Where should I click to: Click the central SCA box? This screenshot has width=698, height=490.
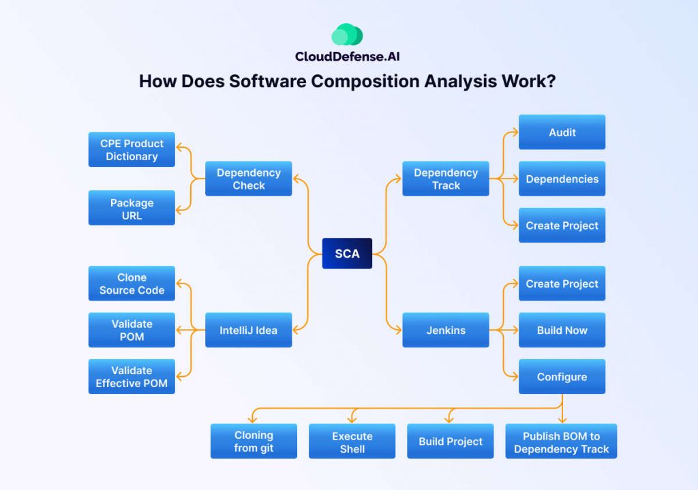tap(347, 254)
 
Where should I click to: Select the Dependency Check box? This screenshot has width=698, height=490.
tap(249, 179)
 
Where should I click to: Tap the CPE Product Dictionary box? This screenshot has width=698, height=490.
tap(132, 150)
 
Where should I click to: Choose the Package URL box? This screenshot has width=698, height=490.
tap(132, 208)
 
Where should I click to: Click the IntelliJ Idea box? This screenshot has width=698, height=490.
tap(249, 330)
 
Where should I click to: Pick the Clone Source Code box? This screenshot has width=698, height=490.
tap(132, 284)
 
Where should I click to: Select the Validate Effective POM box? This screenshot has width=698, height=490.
tap(132, 376)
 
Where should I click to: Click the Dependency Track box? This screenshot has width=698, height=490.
tap(446, 179)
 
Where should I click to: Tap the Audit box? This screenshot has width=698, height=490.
tap(562, 132)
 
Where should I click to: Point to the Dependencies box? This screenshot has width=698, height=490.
tap(562, 179)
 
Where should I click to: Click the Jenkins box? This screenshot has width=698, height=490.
tap(446, 330)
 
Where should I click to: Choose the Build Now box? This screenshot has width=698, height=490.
tap(562, 330)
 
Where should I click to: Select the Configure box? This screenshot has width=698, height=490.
tap(562, 376)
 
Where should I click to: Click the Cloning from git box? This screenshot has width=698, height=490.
tap(254, 441)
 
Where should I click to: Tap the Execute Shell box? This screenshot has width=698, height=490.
tap(352, 441)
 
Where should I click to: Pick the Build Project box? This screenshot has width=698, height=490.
tap(451, 441)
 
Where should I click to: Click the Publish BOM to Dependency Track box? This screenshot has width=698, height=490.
tap(561, 441)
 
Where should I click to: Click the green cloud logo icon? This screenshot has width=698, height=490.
tap(347, 35)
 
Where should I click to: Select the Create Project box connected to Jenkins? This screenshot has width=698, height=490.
tap(562, 284)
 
